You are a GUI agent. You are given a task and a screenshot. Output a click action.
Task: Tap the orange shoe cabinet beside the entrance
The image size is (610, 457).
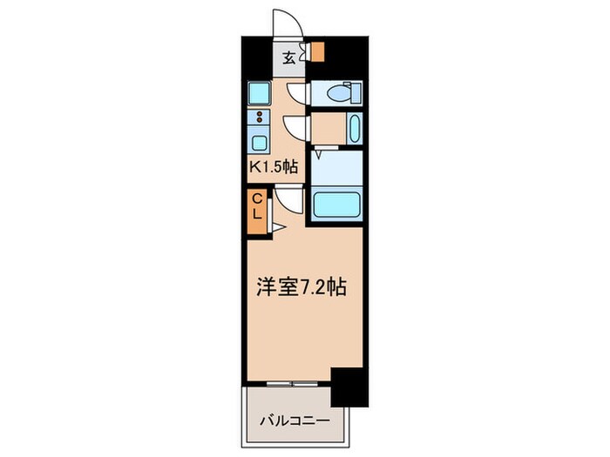[318, 52]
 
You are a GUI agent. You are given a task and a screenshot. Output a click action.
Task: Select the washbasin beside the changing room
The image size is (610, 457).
[352, 130]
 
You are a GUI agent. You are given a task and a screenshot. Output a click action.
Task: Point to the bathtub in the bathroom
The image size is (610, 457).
[337, 204]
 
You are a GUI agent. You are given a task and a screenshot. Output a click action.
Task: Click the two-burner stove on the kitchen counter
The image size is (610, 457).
[260, 118]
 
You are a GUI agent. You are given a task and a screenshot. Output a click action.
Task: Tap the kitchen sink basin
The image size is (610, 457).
[260, 143]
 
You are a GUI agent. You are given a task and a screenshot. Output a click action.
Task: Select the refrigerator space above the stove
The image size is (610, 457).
[259, 91]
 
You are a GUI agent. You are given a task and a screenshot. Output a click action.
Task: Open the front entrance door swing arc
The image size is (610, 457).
[286, 24]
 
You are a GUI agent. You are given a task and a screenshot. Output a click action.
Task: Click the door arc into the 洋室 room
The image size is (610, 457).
[292, 201]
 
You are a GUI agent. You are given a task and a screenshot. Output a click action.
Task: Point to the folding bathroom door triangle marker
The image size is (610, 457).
[322, 154]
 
